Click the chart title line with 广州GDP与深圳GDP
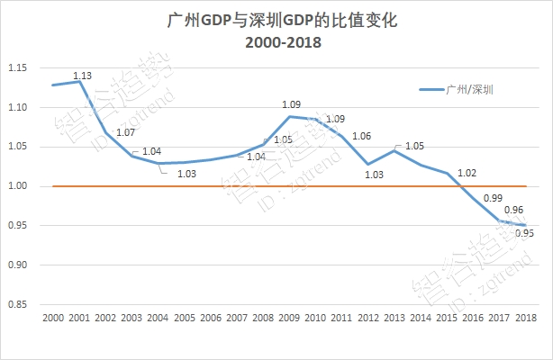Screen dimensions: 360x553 pos(277,19)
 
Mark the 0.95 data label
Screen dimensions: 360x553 pos(524,234)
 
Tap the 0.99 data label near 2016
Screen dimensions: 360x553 pos(494,197)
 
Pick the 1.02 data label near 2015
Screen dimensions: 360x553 pos(467,172)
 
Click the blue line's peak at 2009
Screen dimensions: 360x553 pos(289,116)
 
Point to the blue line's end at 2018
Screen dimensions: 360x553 pos(526,226)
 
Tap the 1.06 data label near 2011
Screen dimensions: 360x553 pos(362,136)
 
